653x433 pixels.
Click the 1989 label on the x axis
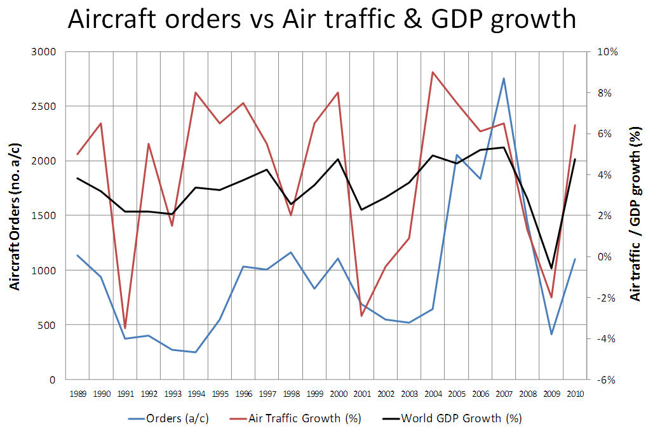(x=79, y=394)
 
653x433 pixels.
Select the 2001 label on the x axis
(x=361, y=394)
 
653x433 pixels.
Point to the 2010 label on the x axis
(x=574, y=394)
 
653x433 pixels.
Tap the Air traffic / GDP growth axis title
(x=633, y=216)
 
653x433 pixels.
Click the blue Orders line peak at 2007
(x=504, y=79)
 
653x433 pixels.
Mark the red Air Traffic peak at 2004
(x=433, y=72)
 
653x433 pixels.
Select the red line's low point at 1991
(x=125, y=328)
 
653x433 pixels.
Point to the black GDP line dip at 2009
(x=551, y=269)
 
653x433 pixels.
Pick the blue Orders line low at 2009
(x=551, y=334)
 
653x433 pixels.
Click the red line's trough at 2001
(x=361, y=316)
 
